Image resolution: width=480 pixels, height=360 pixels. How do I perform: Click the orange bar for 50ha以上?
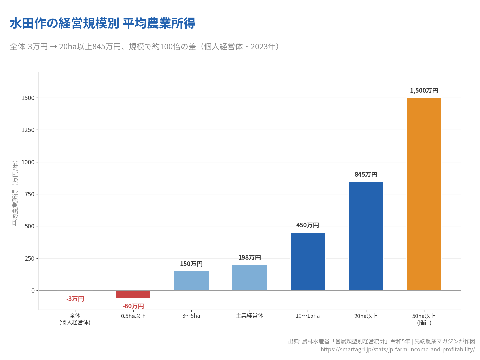(424, 194)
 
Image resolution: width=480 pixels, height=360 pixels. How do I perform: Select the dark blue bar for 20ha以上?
(366, 236)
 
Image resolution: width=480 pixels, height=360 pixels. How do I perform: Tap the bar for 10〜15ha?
(308, 261)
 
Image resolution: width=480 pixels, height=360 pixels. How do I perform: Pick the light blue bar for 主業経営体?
(249, 278)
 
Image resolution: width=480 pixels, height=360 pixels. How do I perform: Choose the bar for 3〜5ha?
(191, 281)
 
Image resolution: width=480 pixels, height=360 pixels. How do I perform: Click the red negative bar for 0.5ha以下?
(133, 294)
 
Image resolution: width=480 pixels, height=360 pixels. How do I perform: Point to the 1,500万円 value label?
(424, 91)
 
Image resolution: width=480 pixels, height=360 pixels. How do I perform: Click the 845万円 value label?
(366, 175)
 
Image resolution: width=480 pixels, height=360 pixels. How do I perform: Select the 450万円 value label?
(308, 225)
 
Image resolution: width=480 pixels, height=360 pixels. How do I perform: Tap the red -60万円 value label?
(133, 306)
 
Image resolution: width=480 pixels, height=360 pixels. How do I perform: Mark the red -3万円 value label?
(75, 299)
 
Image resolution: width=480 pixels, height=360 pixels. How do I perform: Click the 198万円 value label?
(249, 258)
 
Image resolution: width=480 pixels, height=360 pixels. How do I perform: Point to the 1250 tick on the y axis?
(28, 130)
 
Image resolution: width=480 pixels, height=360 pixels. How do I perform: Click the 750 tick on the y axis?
(30, 194)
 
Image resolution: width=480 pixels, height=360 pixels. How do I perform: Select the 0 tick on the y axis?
(33, 291)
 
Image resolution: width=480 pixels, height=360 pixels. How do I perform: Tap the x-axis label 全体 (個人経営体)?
(75, 319)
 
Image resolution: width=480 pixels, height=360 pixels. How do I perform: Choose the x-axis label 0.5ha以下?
(133, 316)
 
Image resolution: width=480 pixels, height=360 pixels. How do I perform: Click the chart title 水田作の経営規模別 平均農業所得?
(102, 23)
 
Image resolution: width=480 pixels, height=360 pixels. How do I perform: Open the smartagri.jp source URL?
(397, 349)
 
